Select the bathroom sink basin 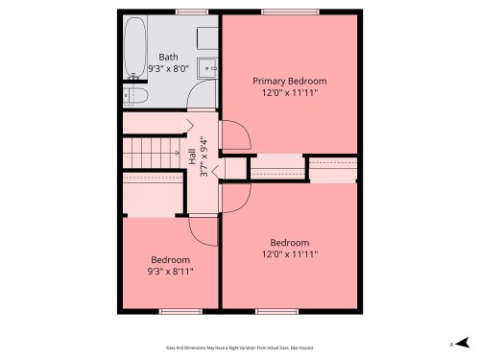coord(206,68)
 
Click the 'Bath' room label coord(168,57)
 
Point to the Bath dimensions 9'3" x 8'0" coord(168,69)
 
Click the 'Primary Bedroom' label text coord(289,81)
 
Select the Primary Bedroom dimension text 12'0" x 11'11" coord(289,93)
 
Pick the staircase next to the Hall coord(153,150)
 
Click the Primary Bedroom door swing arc coord(236,134)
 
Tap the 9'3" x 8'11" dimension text coord(170,272)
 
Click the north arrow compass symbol coord(463,342)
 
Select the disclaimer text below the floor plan coord(239,348)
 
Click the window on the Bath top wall coord(191,12)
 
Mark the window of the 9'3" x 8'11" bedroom coord(173,310)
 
